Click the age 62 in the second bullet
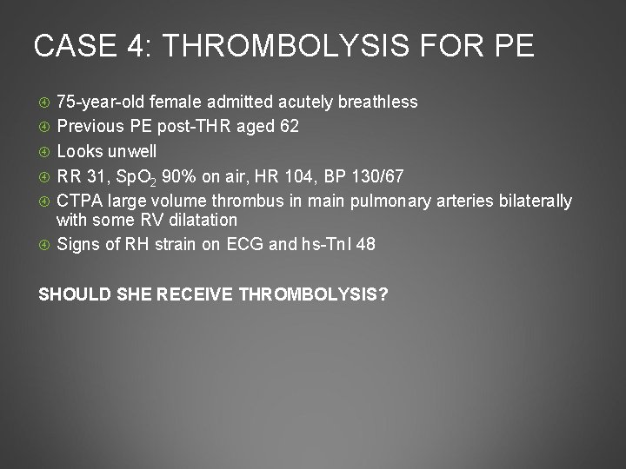pos(290,127)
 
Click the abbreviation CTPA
pos(79,201)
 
